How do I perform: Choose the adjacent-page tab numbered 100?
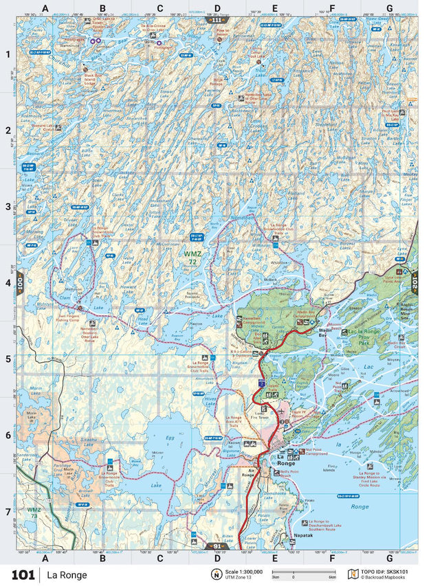[x=21, y=282]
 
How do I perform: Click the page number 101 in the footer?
[x=23, y=574]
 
